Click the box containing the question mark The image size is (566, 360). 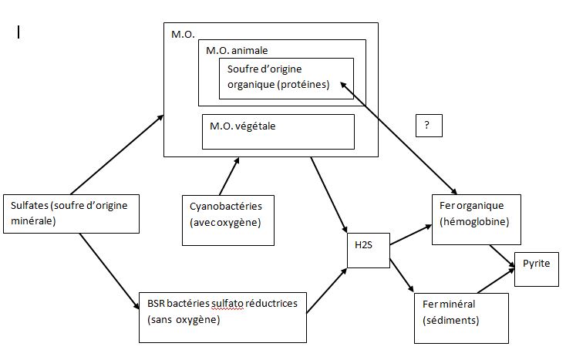[x=428, y=126]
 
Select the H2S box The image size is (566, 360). [x=368, y=249]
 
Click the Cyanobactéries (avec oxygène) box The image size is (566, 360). [x=228, y=220]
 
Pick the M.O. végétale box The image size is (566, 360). [x=278, y=132]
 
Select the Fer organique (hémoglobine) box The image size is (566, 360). [x=476, y=217]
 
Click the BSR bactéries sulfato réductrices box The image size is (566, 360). [x=222, y=317]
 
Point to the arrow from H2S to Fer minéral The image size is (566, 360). [x=403, y=275]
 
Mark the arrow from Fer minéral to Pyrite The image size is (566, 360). [x=494, y=281]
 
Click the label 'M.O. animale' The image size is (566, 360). [x=237, y=51]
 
